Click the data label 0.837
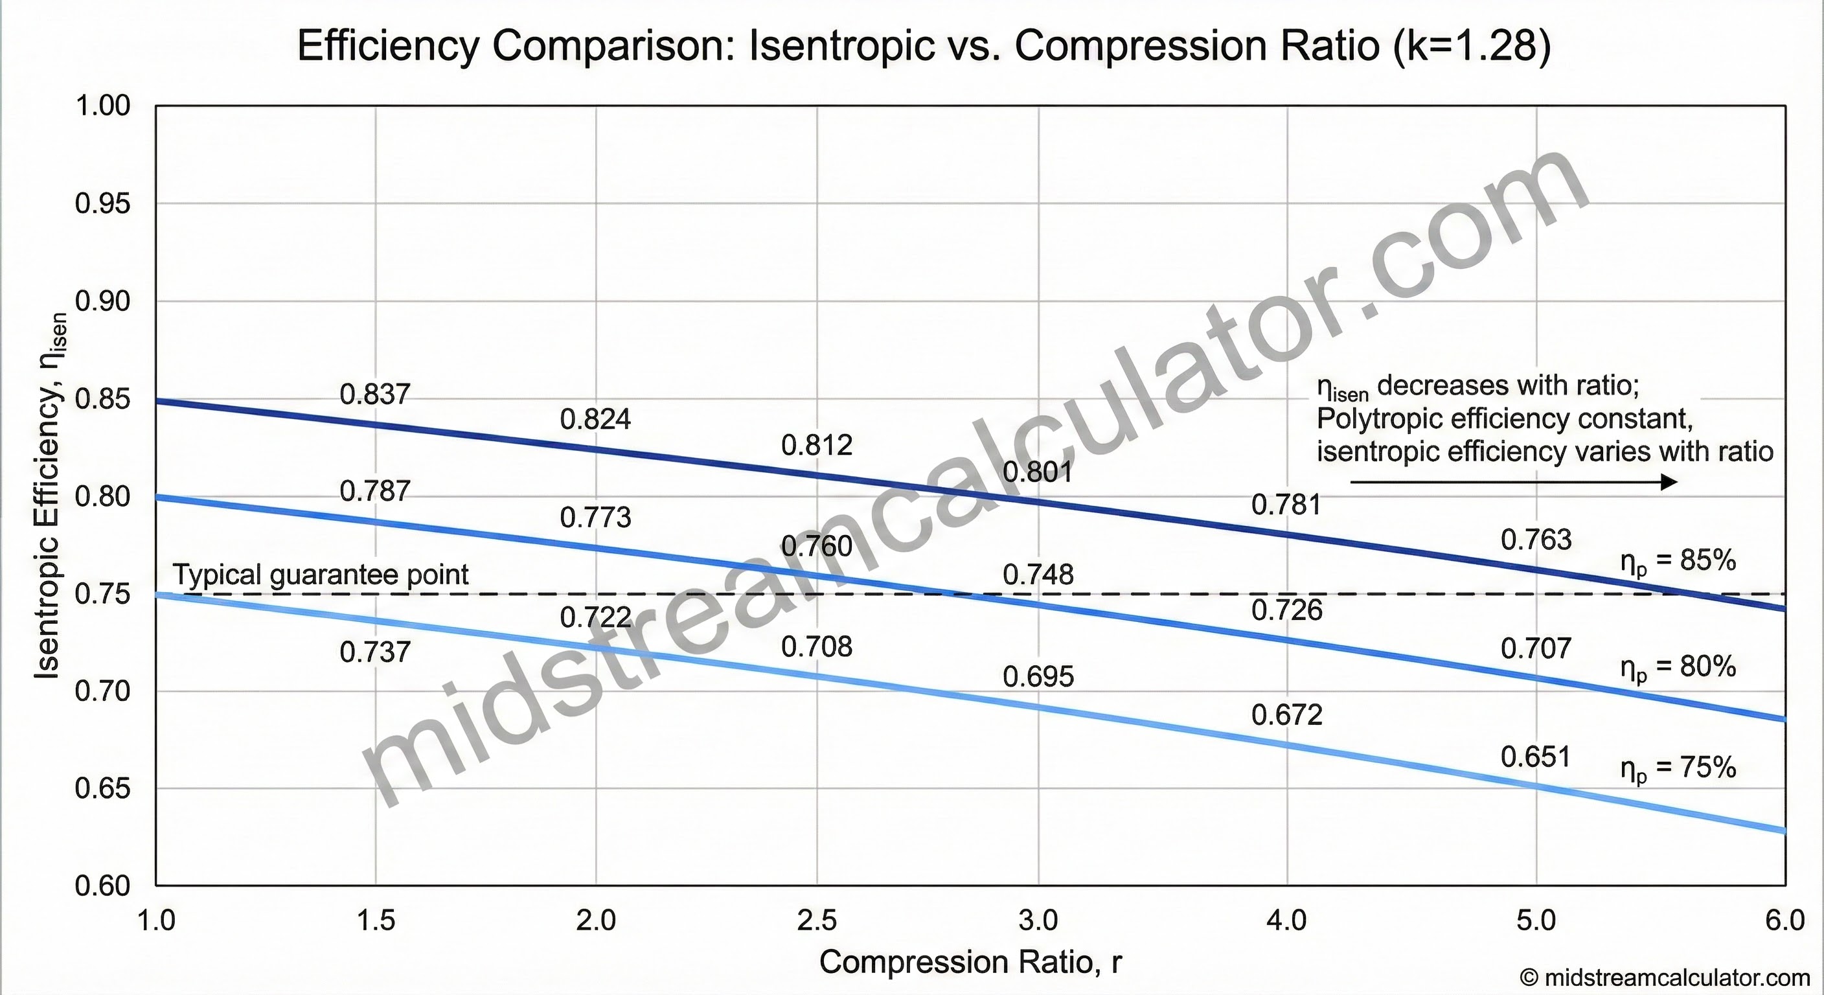(374, 395)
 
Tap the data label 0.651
(1536, 757)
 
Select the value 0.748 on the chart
(1038, 575)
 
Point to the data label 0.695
(1038, 677)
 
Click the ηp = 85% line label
(1678, 562)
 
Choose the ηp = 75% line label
(1678, 768)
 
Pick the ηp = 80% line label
(1678, 667)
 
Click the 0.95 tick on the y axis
(103, 204)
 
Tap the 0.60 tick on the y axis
(103, 886)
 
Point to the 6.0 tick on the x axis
(1784, 921)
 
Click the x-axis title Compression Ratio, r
(970, 962)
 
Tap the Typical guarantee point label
(320, 575)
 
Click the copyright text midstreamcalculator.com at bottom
(1664, 978)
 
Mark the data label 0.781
(1286, 505)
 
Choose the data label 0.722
(595, 617)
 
